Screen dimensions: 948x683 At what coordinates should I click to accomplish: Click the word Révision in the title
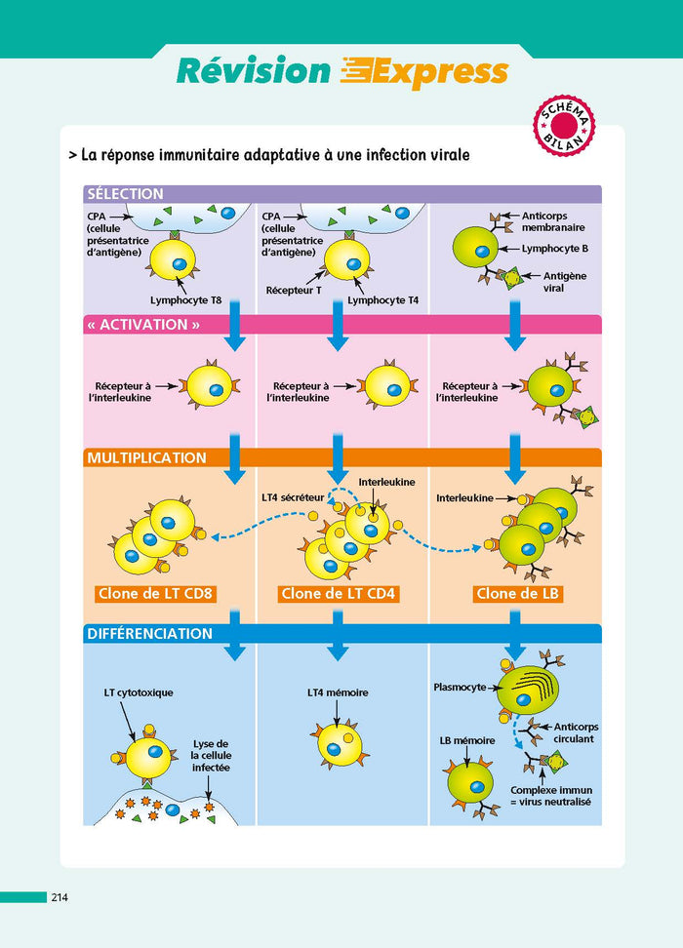tap(254, 71)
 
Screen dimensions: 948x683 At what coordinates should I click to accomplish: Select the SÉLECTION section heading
tap(125, 194)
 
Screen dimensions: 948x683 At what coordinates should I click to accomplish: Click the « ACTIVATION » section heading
tap(142, 325)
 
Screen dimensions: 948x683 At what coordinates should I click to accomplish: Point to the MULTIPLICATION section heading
tap(146, 457)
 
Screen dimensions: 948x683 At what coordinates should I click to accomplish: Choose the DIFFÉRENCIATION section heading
tap(150, 633)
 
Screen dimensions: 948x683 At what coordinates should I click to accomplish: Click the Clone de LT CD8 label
tap(156, 593)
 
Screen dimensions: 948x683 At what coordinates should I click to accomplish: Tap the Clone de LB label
tap(516, 593)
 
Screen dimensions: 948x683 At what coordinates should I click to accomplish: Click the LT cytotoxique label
tap(137, 692)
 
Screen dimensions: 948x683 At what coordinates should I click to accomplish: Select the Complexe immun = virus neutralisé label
tap(551, 796)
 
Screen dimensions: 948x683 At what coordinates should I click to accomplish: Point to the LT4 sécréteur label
tap(293, 497)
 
